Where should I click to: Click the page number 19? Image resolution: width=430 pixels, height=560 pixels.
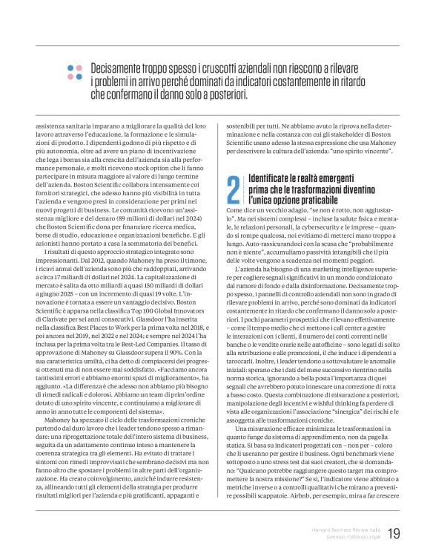[394, 533]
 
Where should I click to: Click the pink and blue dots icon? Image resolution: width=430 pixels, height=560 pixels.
[74, 71]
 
